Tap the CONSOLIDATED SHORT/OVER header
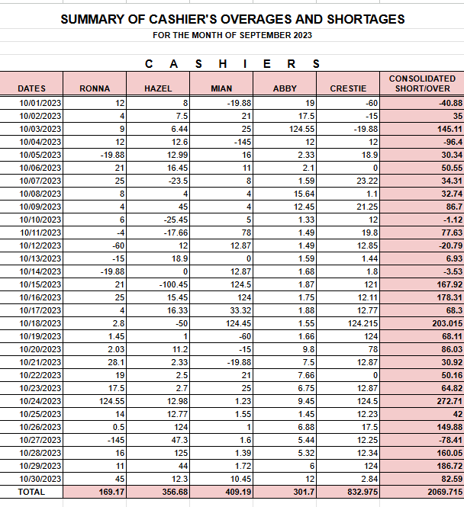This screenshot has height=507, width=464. point(422,84)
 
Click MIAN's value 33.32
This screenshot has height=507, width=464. point(240,310)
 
